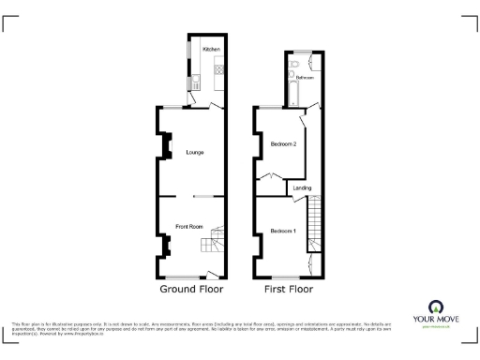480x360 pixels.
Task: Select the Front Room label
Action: (x=189, y=226)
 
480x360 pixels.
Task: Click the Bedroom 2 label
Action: (x=283, y=144)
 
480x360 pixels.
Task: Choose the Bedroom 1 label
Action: (x=282, y=231)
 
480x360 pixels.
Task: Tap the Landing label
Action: (x=302, y=188)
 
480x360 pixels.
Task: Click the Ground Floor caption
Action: (x=192, y=291)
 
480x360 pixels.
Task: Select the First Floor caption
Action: (x=287, y=291)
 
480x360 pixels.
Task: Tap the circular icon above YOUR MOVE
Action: (x=436, y=306)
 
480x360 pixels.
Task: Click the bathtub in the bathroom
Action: (x=292, y=91)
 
